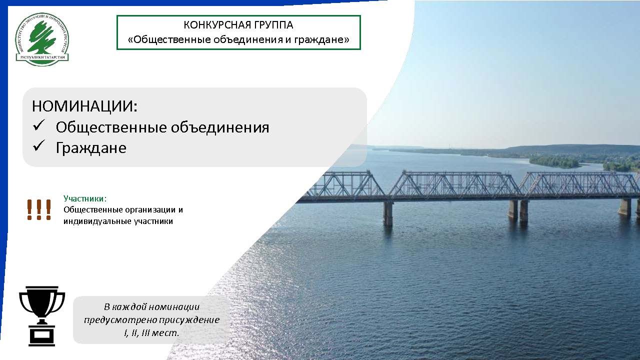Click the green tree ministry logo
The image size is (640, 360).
[42, 39]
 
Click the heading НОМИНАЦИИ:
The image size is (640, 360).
[84, 106]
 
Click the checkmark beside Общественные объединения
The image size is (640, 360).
[39, 125]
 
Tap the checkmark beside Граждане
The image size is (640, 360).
[39, 145]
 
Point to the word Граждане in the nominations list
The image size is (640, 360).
[91, 148]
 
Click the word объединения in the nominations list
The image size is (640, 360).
[220, 127]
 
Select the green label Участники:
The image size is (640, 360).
[85, 198]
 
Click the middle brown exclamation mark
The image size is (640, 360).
[39, 209]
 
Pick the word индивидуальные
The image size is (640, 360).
[97, 221]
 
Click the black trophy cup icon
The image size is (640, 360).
[42, 316]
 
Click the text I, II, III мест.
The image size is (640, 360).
[151, 333]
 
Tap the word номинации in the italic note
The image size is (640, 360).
[174, 307]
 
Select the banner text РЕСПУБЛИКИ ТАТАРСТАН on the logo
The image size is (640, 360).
[42, 57]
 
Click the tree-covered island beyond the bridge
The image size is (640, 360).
[554, 161]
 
